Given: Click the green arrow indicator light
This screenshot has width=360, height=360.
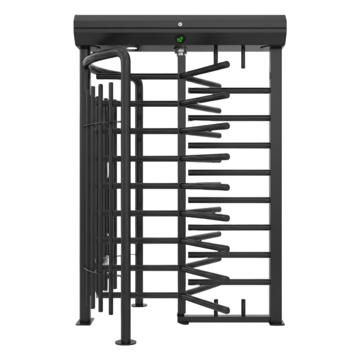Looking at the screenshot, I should [x=180, y=39].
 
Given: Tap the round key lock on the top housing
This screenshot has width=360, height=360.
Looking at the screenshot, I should [x=180, y=24].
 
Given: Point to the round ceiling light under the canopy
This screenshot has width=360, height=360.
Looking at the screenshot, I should [x=132, y=48].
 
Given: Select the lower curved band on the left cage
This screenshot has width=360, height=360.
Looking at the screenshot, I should [x=100, y=272].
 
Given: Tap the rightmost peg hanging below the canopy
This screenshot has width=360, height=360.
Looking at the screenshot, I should [x=243, y=56].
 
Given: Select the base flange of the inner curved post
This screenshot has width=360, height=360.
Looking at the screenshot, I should [x=139, y=304].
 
